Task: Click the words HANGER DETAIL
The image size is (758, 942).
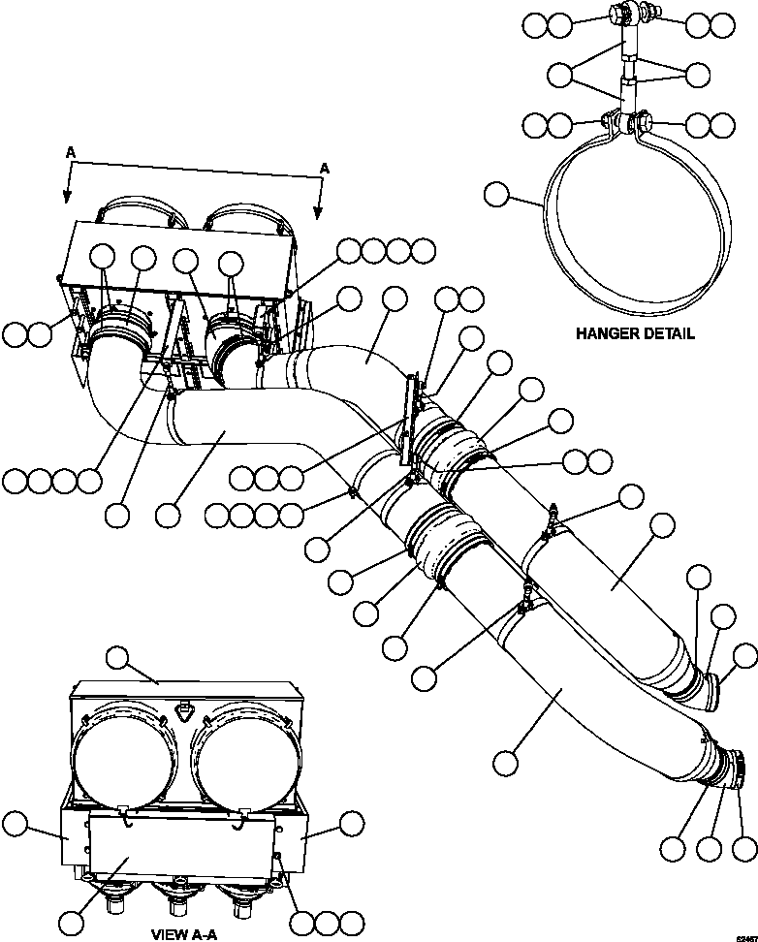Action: [x=634, y=333]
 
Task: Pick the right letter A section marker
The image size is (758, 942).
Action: [x=324, y=168]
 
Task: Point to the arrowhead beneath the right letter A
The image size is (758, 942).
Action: [x=318, y=212]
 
